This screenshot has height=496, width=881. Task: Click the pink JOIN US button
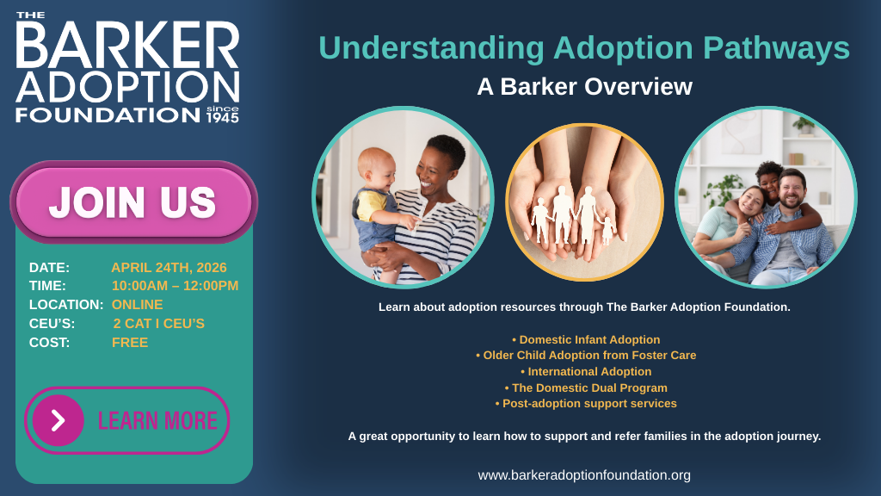[133, 202]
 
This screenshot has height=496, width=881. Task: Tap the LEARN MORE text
[157, 420]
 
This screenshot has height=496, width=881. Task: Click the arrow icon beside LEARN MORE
[58, 420]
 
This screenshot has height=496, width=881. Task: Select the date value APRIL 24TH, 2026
[169, 267]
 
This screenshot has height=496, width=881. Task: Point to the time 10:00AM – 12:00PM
[175, 286]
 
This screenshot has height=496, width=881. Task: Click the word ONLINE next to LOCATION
[137, 305]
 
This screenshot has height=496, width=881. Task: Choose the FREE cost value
[130, 343]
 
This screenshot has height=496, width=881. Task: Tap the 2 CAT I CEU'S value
[158, 324]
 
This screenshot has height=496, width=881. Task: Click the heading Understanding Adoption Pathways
[584, 48]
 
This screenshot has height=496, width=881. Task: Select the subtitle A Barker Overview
[584, 87]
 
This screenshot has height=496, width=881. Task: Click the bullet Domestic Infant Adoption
[586, 339]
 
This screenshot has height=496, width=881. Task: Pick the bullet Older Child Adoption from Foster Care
[586, 355]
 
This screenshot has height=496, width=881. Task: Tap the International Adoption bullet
[586, 371]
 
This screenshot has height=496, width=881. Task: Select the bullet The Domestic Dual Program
[586, 387]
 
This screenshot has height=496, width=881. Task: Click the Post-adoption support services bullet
[586, 403]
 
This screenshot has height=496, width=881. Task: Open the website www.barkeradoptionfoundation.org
[584, 474]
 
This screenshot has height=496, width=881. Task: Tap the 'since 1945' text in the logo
[222, 114]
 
